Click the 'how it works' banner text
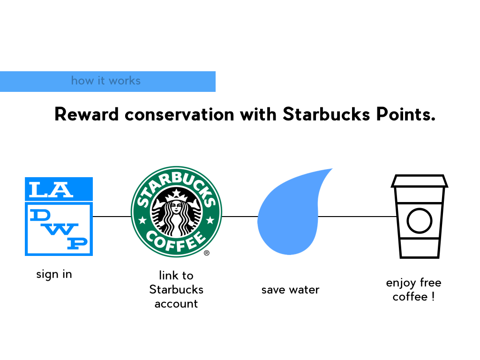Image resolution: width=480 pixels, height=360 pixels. click(x=106, y=81)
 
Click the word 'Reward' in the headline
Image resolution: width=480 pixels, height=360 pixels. click(x=86, y=114)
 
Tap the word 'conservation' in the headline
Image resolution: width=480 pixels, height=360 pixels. click(x=180, y=115)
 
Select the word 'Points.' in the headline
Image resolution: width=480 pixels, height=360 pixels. click(x=405, y=114)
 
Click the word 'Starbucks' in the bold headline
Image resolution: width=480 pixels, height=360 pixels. click(x=326, y=114)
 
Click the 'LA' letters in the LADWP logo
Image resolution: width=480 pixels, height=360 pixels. click(x=51, y=189)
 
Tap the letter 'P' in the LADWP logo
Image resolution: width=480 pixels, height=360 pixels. click(x=77, y=243)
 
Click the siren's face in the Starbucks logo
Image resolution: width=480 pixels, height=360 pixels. click(x=176, y=207)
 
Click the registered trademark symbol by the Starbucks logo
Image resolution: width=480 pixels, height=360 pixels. click(x=207, y=253)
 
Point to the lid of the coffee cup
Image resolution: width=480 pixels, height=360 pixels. click(x=420, y=181)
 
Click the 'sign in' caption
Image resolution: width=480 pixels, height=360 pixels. click(x=54, y=274)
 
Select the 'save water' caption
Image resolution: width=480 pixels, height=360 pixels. click(x=290, y=290)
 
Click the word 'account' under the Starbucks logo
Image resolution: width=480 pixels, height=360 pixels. click(x=176, y=304)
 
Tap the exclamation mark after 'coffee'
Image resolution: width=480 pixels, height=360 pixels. click(x=433, y=296)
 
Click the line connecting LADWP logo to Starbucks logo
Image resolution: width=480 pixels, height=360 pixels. click(x=112, y=217)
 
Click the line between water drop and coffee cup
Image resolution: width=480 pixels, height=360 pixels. click(x=357, y=217)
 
